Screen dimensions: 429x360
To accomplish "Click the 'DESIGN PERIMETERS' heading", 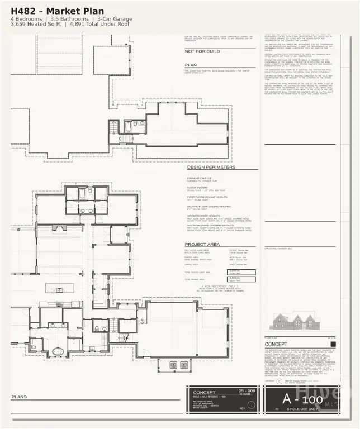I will (x=211, y=167).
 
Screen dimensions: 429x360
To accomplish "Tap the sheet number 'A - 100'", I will (x=302, y=400).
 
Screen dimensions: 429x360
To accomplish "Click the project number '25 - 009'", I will (x=245, y=390).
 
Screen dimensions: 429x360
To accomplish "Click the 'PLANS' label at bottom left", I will (x=19, y=397).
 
